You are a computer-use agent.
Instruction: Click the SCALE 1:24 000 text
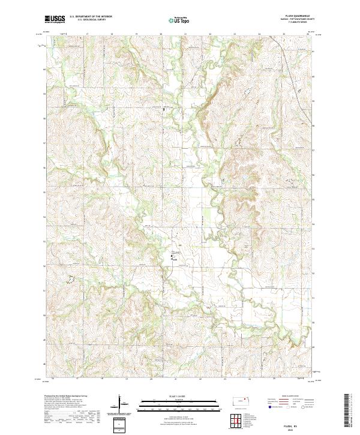[179, 397]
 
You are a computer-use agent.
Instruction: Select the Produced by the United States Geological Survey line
[70, 397]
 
